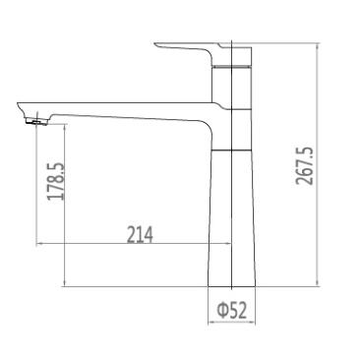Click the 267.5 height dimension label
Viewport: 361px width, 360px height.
(x=305, y=166)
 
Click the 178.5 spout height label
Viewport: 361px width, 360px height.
(x=56, y=181)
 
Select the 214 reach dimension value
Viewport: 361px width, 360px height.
(x=140, y=235)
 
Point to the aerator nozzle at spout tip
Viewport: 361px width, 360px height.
(x=36, y=122)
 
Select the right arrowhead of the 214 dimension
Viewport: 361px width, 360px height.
(x=227, y=244)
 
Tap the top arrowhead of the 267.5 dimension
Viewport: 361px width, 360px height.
(x=317, y=47)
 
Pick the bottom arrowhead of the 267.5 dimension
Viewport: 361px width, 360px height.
(x=317, y=282)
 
